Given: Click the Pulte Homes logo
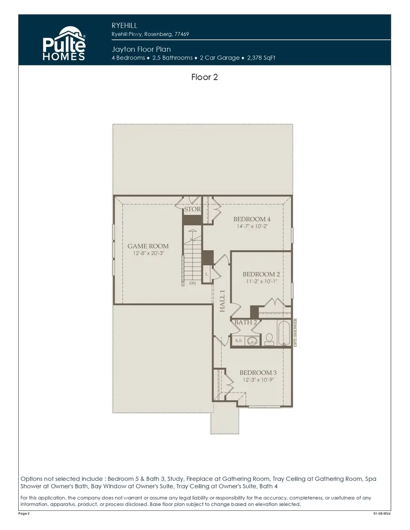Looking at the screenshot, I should (x=64, y=44).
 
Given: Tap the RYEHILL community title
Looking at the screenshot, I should (x=124, y=26).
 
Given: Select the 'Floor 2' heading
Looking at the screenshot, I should (x=205, y=77).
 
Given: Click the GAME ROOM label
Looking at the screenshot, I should (x=148, y=246).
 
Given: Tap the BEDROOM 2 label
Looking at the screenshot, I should (x=261, y=274).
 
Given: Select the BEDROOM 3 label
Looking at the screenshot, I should (x=258, y=373).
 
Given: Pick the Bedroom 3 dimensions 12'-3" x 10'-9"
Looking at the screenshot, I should (x=258, y=380).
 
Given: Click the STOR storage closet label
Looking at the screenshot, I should (x=192, y=210).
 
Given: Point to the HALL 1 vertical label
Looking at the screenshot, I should (x=223, y=301).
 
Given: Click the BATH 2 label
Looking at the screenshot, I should (x=246, y=323).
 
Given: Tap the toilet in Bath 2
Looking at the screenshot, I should (x=269, y=338).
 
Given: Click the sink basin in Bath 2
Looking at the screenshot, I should (x=252, y=340).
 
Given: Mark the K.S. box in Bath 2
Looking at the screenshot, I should (x=238, y=340).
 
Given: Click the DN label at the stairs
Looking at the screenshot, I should (x=193, y=283).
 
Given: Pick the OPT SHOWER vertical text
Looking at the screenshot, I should (x=295, y=333).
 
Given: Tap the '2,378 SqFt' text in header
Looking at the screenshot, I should (x=261, y=58).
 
